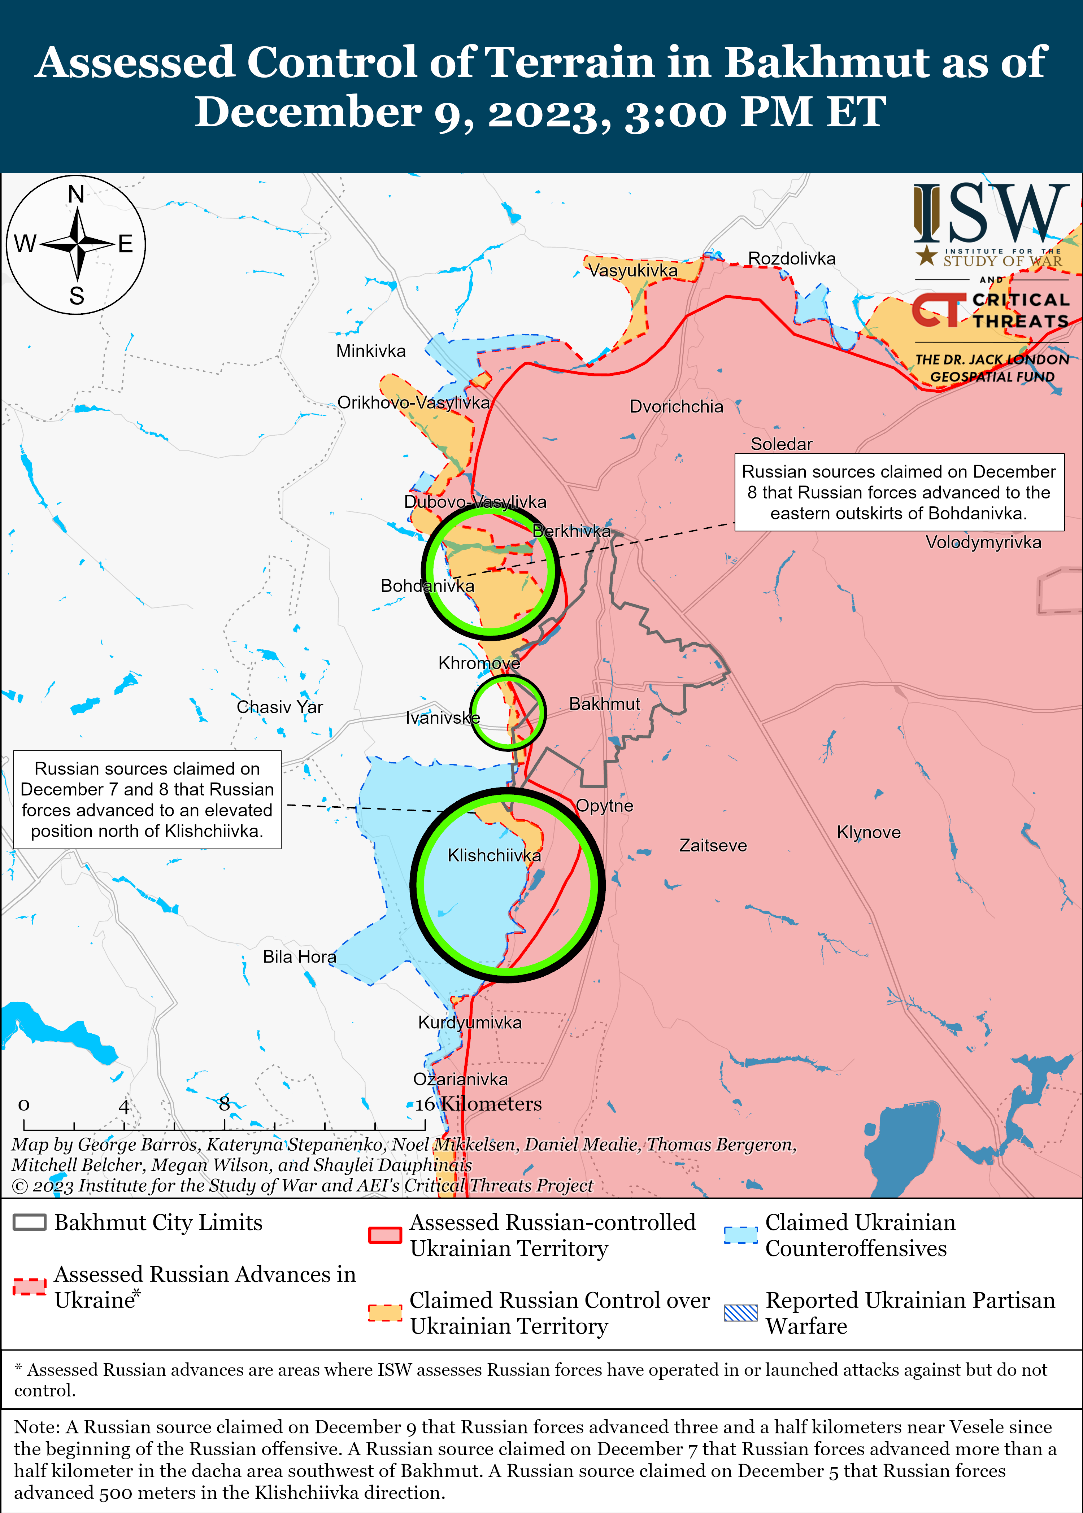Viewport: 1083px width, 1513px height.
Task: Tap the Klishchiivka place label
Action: tap(494, 855)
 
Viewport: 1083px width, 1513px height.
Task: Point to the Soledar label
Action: tap(782, 444)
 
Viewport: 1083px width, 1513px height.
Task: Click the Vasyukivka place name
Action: tap(632, 270)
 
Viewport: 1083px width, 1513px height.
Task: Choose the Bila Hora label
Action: tap(299, 957)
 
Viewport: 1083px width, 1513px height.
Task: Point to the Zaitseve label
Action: tap(713, 846)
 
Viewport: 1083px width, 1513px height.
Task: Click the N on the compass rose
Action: tap(77, 194)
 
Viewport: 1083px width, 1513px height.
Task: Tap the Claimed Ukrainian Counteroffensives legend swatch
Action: tap(741, 1235)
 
